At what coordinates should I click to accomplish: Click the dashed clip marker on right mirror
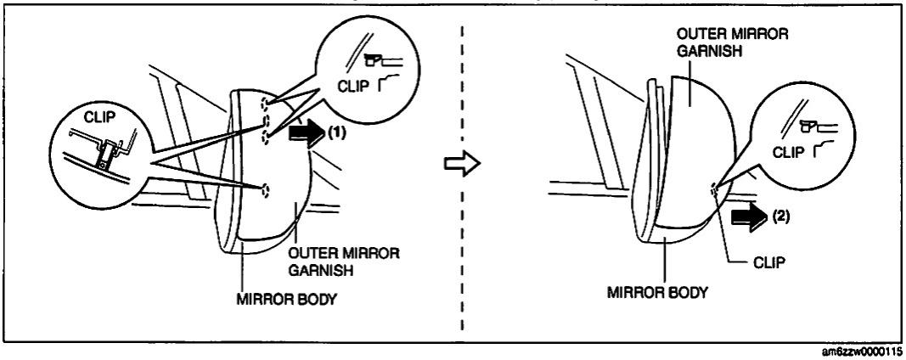click(716, 190)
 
